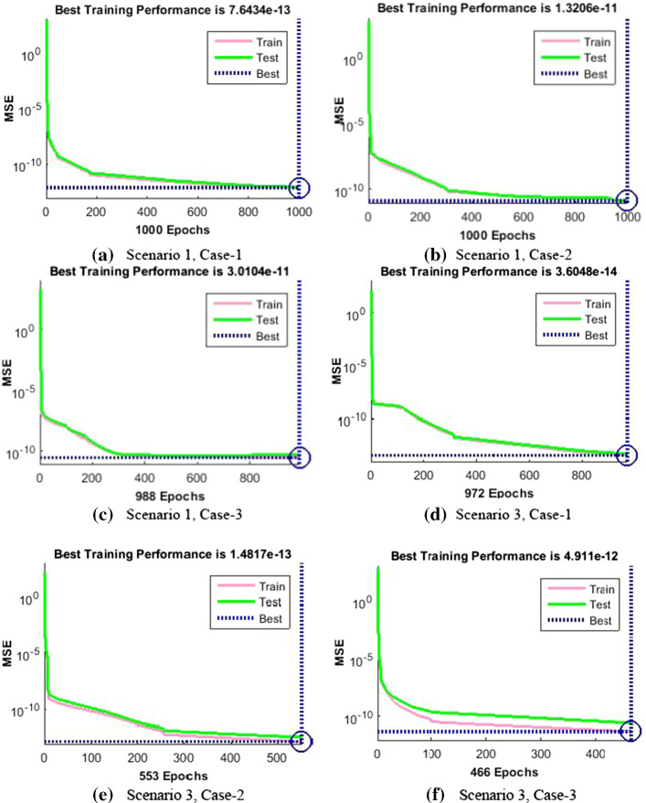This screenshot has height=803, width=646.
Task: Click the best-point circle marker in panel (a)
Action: click(299, 187)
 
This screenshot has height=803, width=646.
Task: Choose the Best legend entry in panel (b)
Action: click(586, 72)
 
